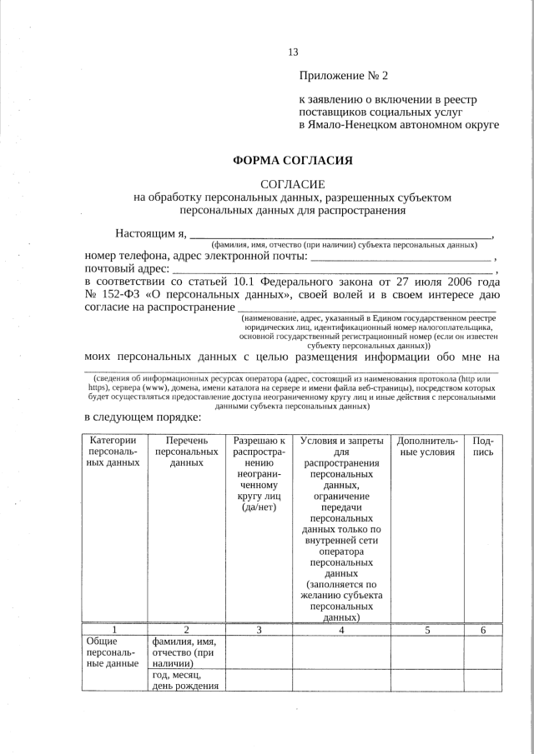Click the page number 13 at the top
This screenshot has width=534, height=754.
293,52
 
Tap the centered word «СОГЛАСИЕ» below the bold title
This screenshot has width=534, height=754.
292,184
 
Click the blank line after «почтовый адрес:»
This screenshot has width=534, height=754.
334,272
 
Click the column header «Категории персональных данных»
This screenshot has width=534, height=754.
113,452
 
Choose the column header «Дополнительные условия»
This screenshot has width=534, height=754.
427,446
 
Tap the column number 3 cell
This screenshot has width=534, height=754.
259,630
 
